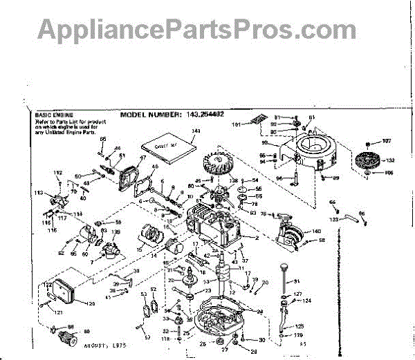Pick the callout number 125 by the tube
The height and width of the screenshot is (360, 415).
(299, 325)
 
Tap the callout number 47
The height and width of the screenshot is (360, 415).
(144, 158)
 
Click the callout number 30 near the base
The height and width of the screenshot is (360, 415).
(262, 341)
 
